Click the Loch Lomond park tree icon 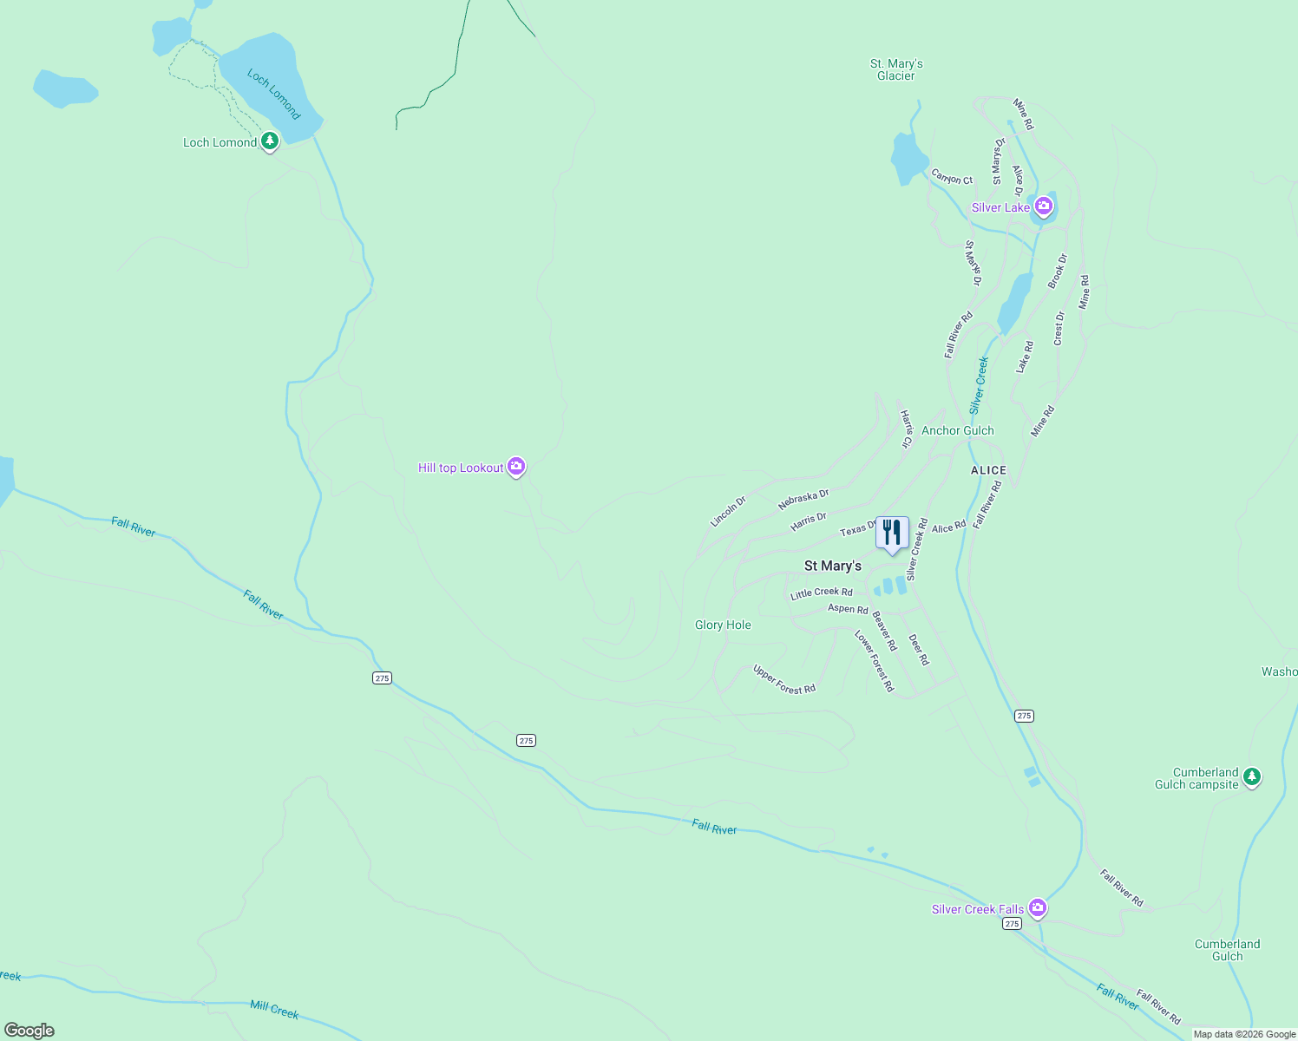click(x=270, y=141)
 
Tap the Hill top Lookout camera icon click(x=517, y=467)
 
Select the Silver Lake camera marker click(x=1044, y=206)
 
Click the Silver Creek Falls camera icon click(x=1038, y=908)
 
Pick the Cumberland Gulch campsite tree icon click(x=1251, y=776)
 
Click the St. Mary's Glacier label click(x=896, y=70)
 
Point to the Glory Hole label click(x=723, y=625)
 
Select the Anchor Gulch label click(x=958, y=430)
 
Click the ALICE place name click(x=988, y=470)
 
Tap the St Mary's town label click(x=832, y=566)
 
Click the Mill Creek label click(x=274, y=1009)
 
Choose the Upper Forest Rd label click(x=784, y=679)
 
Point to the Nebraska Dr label click(x=803, y=499)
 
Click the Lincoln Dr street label click(x=728, y=512)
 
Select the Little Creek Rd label click(x=821, y=593)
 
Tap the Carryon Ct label click(x=952, y=177)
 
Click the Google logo click(x=29, y=1031)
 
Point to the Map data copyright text click(x=1244, y=1034)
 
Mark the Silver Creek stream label click(x=979, y=384)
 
